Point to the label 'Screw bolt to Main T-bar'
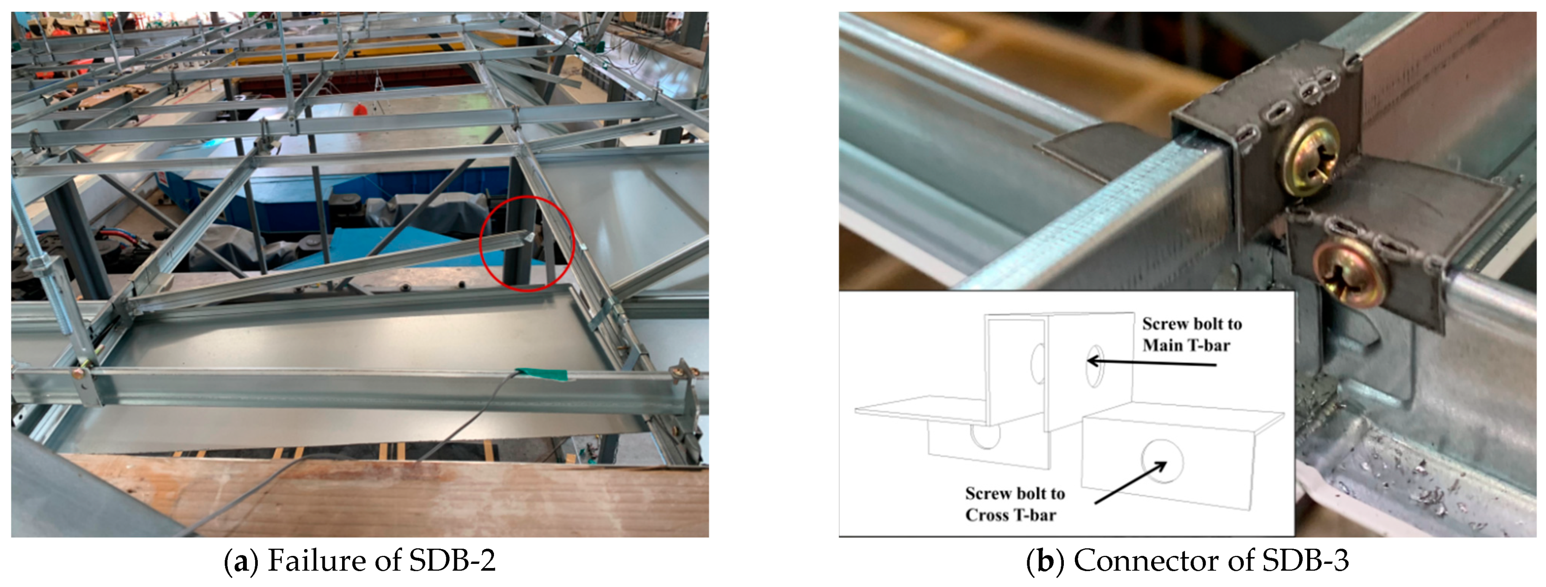[1191, 335]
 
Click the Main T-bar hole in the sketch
[1094, 366]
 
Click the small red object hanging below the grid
[359, 110]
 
